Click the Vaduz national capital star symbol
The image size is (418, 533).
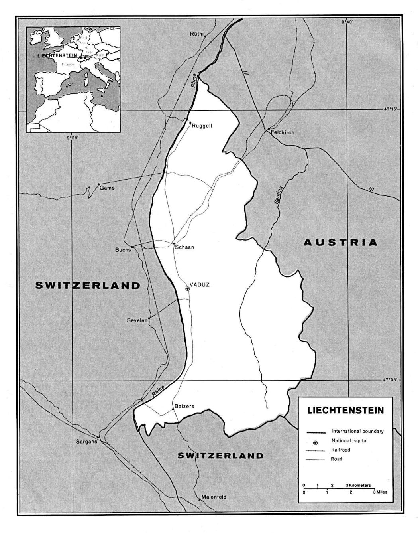pos(188,288)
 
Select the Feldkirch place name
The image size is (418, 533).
pos(282,132)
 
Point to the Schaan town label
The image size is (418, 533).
pos(184,247)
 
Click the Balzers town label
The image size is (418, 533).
pos(184,407)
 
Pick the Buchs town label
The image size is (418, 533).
pos(123,250)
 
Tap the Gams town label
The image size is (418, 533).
pos(107,188)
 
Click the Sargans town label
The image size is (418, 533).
pos(86,442)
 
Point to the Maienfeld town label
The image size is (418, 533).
pos(214,497)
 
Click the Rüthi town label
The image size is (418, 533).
pos(197,34)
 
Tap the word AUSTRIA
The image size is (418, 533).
pos(340,242)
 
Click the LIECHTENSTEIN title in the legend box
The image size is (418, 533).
pos(345,410)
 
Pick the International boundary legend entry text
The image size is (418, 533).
pos(357,431)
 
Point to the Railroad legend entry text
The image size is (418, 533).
pos(341,450)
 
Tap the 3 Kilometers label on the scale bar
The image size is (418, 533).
pos(359,485)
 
